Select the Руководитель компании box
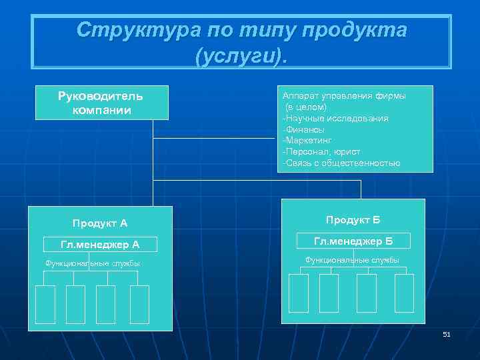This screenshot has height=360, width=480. point(101,102)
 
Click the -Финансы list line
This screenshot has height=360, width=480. point(304,129)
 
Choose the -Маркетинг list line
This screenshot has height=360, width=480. point(307,141)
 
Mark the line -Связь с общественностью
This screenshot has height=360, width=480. point(341,163)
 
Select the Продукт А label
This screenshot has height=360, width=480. point(100,223)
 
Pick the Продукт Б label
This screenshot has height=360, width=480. point(353,220)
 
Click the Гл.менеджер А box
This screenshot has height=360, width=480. point(100,245)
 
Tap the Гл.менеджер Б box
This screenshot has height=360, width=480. point(353,241)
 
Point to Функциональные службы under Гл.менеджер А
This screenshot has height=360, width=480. point(93,263)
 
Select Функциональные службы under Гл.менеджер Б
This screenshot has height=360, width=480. point(352,260)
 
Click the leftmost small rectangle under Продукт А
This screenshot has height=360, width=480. point(45,304)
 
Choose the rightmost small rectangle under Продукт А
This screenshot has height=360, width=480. point(139,304)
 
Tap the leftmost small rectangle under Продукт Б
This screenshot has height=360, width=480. point(298,293)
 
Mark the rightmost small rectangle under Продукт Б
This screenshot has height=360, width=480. point(404,293)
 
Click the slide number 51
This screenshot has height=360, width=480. point(447,334)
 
